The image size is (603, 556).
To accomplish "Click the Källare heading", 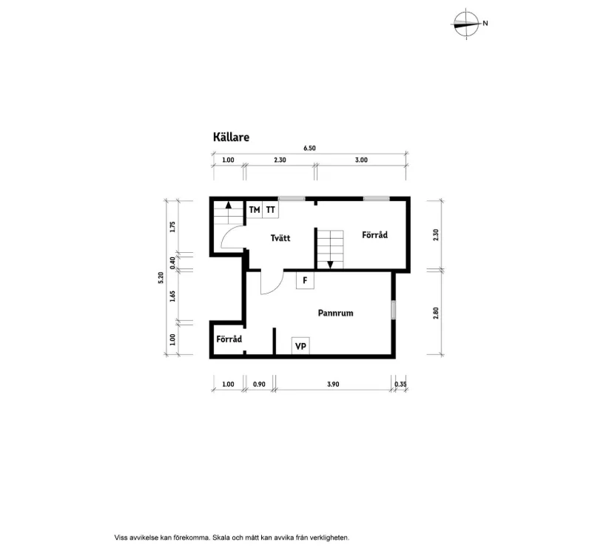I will coord(231,137).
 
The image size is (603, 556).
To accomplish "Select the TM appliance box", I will coord(255,210).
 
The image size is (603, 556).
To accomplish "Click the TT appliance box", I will coord(271,210).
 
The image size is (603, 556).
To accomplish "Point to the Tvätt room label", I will coord(280,238).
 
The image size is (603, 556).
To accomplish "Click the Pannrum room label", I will coord(335,313).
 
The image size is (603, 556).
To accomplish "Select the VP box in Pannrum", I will coord(300,346).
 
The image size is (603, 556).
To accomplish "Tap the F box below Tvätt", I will coord(304,281).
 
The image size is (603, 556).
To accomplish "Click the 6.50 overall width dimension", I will coord(309,149).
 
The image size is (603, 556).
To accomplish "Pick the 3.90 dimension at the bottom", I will coord(333,384).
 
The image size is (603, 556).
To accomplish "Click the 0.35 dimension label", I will coord(400,384).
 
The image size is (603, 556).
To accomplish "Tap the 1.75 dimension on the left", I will coord(172,227).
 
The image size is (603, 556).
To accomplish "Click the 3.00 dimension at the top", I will coord(361,160).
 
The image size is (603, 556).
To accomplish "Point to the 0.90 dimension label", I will coord(259,384).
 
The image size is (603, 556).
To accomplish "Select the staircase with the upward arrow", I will coord(228,217).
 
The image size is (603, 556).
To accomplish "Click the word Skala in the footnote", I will coord(223,538).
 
